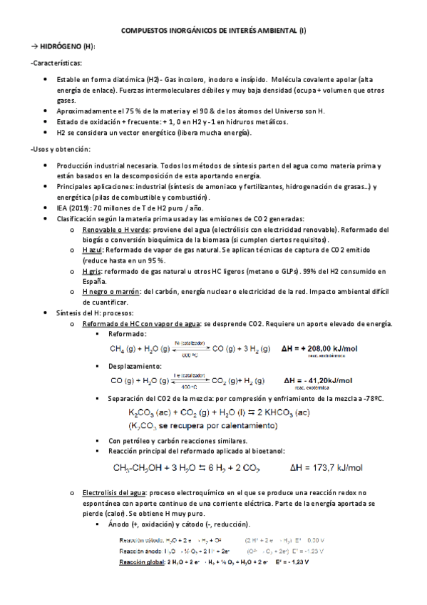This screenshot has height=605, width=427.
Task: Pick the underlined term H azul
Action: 93,251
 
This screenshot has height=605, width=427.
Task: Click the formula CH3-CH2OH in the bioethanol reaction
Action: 139,468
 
